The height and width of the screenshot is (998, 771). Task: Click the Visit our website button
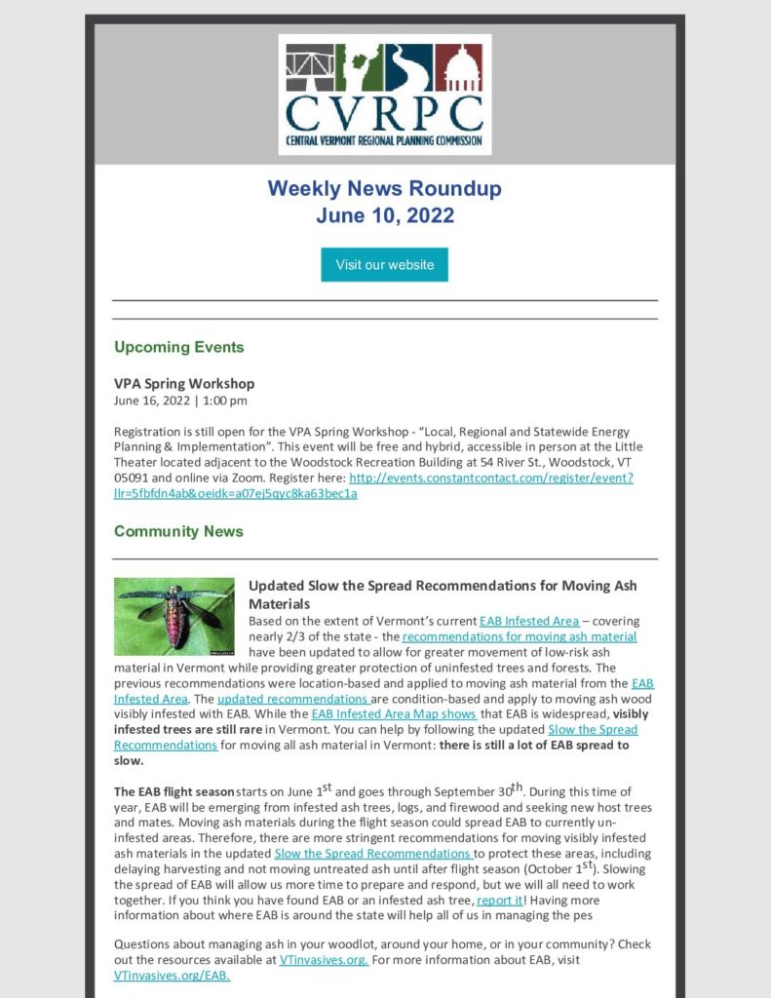384,264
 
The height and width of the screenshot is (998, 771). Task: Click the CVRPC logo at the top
384,95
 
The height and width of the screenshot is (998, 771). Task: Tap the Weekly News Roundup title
385,188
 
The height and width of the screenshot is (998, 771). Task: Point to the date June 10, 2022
385,215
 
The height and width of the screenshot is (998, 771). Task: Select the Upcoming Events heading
178,347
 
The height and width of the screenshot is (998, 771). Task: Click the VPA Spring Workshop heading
184,383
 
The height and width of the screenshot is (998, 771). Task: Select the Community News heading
178,531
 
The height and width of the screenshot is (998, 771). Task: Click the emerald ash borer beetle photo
174,616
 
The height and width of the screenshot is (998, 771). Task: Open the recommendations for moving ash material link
520,636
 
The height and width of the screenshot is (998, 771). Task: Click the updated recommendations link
292,699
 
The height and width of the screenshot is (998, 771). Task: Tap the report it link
499,900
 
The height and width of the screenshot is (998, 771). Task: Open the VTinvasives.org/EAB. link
173,976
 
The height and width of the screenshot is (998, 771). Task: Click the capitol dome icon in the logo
459,66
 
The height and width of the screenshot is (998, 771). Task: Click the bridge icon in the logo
311,66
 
